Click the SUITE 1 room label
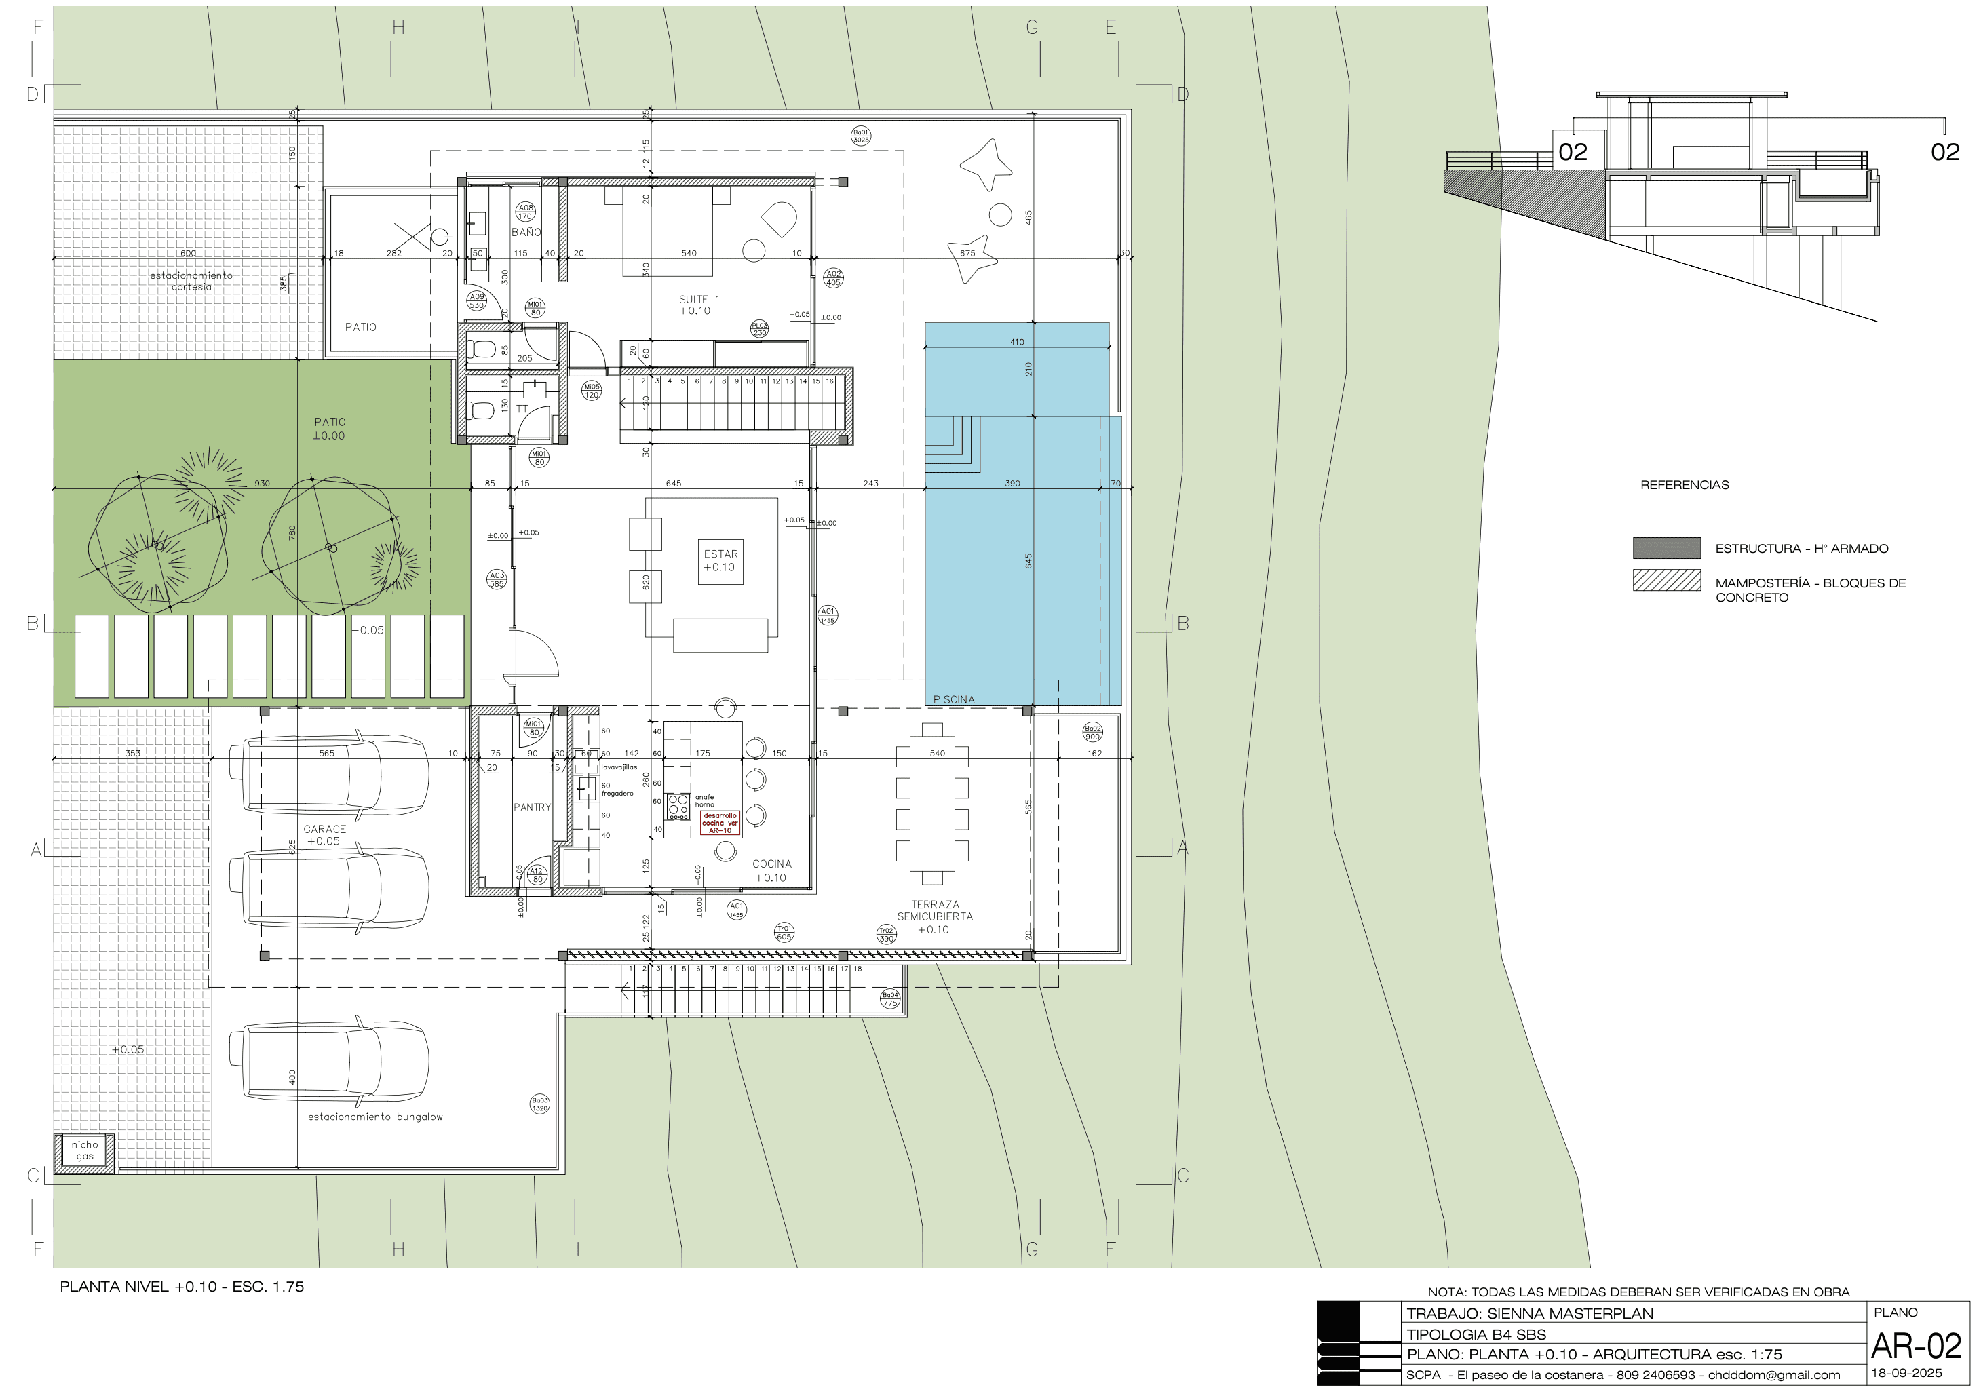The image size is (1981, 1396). tap(698, 305)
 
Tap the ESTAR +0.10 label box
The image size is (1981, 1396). tap(720, 561)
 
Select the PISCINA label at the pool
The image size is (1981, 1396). tap(953, 700)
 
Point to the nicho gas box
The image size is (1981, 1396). tap(85, 1151)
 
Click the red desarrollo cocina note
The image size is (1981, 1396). tap(720, 822)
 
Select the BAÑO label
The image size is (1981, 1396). tap(526, 232)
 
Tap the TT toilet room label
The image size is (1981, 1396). tap(522, 409)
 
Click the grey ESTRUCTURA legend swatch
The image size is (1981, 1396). tap(1666, 548)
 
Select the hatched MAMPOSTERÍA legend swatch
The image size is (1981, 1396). tap(1666, 581)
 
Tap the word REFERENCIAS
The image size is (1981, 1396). tap(1685, 485)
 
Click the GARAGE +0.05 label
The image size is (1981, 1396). tap(324, 835)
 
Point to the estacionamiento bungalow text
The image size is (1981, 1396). tap(375, 1117)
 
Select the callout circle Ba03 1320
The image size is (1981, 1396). tap(539, 1104)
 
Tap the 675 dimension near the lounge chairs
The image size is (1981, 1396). tap(967, 253)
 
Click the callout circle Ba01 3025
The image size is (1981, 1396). tap(860, 136)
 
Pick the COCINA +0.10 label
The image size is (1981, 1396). tap(771, 870)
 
